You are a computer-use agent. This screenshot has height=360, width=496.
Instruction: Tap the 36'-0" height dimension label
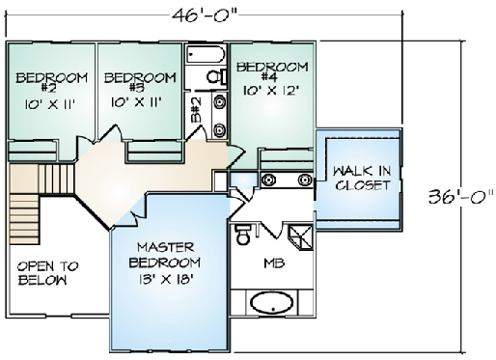(460, 197)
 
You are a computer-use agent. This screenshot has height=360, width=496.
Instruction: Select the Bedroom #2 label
(51, 82)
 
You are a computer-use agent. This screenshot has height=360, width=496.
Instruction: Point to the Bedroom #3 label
(140, 82)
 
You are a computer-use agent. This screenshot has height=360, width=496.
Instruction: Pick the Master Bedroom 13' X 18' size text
(165, 279)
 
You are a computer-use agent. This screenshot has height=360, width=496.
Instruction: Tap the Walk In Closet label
(363, 178)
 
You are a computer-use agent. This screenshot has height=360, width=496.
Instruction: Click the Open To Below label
(47, 273)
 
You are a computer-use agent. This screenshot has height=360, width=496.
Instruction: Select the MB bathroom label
(274, 263)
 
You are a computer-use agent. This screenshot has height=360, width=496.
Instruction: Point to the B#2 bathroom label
(196, 110)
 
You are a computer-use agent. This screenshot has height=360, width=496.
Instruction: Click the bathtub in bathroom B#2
(206, 55)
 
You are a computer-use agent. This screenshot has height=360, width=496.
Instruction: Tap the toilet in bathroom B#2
(216, 77)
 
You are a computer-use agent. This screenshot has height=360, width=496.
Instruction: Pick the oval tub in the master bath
(272, 303)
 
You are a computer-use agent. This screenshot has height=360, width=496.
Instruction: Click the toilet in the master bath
(242, 234)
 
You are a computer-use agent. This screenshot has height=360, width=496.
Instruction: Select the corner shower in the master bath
(300, 237)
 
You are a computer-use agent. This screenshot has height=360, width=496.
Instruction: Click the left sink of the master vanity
(268, 180)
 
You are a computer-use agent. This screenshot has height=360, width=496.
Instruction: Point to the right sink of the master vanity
(305, 180)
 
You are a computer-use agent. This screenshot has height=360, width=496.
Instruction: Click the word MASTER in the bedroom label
(166, 247)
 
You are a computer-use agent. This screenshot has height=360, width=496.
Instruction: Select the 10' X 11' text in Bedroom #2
(50, 104)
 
